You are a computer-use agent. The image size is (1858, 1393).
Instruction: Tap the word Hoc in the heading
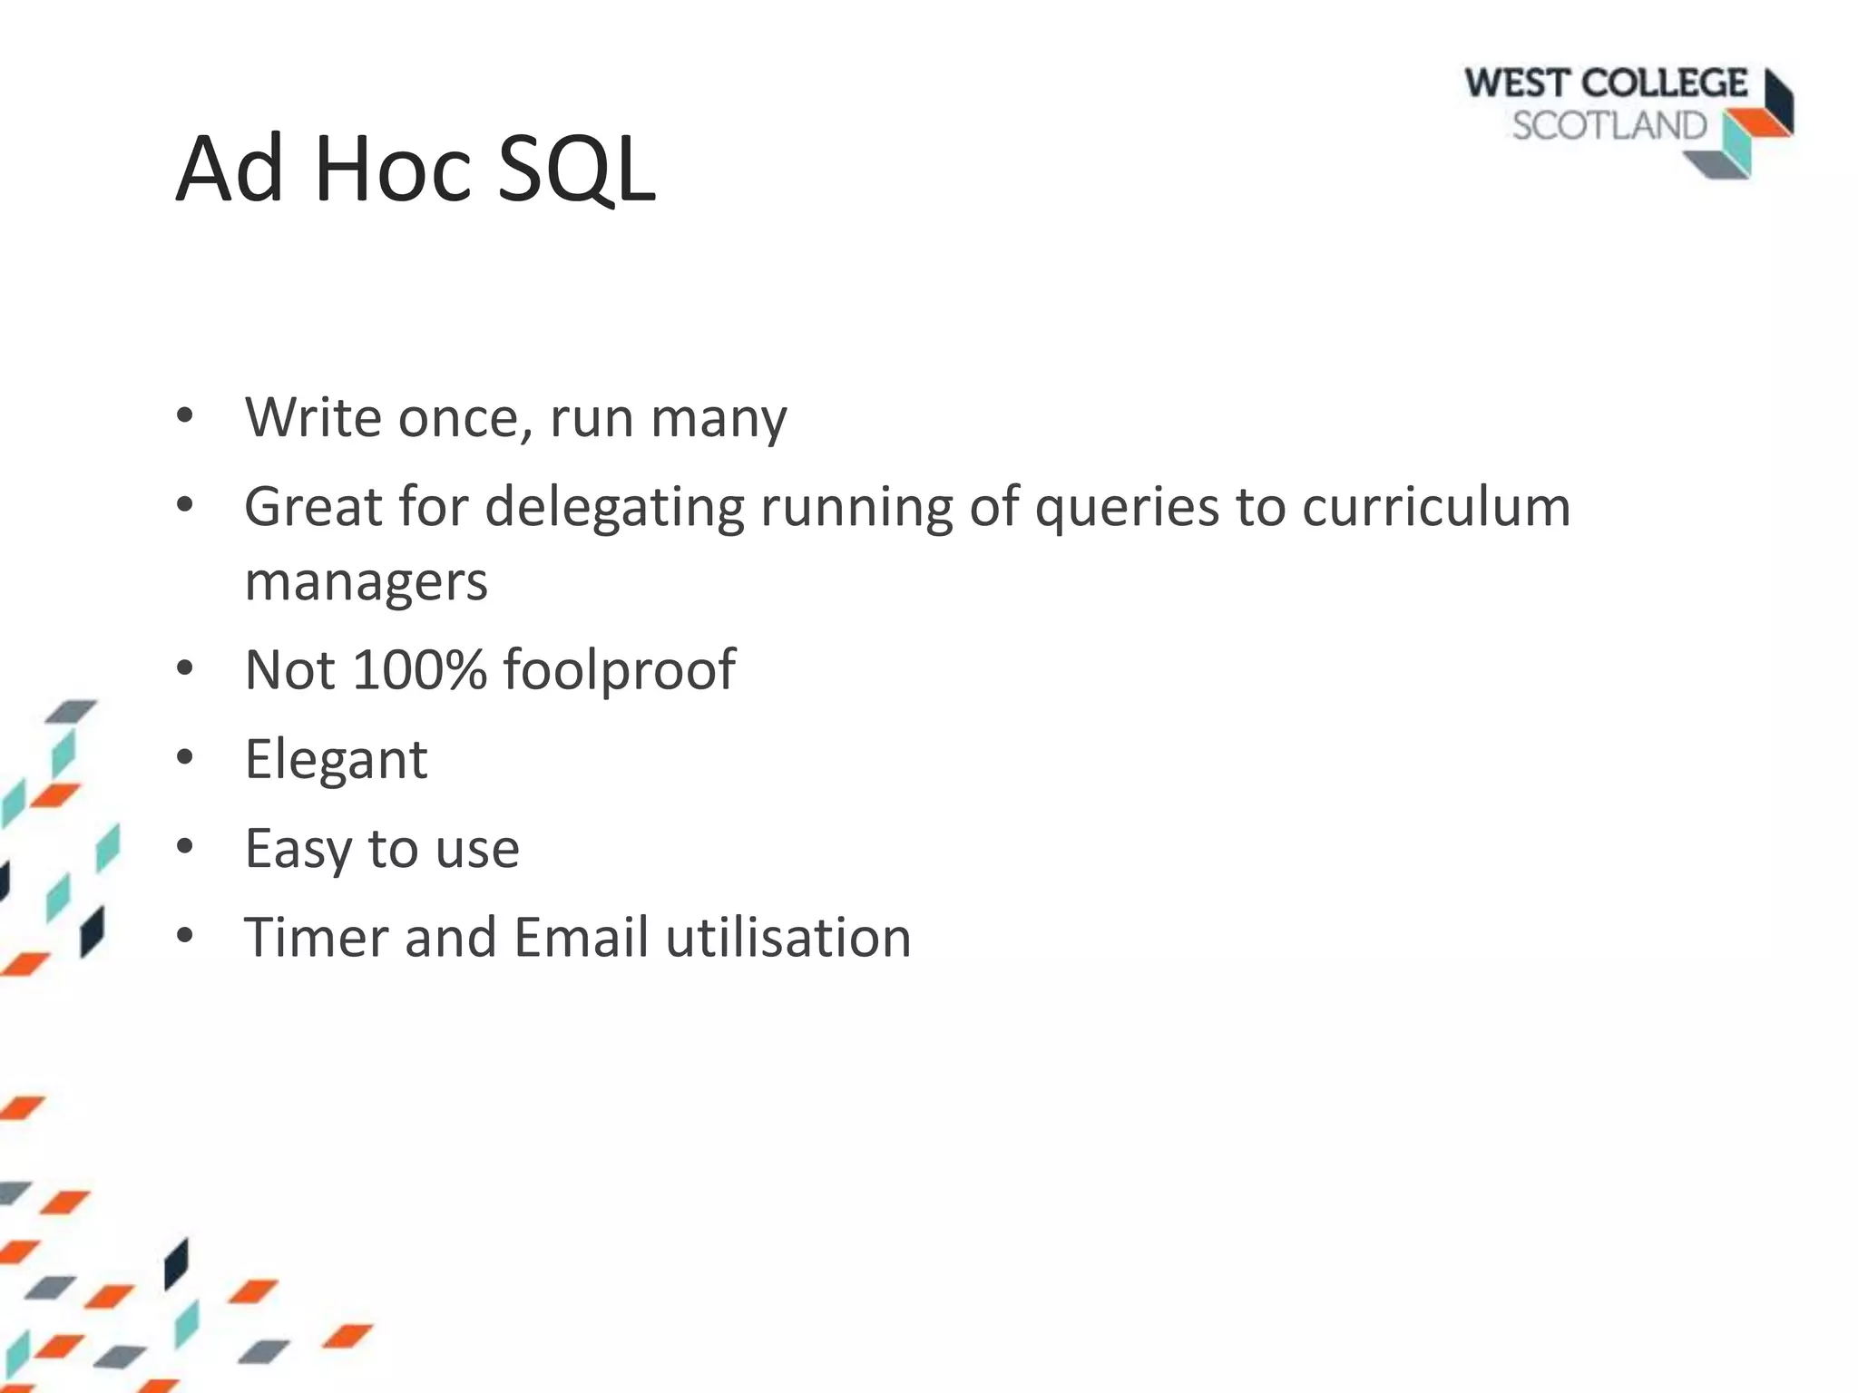pyautogui.click(x=393, y=170)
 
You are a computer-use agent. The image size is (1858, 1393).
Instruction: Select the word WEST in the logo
pyautogui.click(x=1517, y=84)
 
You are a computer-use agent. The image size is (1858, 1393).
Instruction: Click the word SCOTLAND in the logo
pyautogui.click(x=1609, y=126)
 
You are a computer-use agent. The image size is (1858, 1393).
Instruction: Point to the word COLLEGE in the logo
pyautogui.click(x=1665, y=84)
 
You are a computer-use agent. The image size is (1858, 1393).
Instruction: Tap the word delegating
pyautogui.click(x=614, y=508)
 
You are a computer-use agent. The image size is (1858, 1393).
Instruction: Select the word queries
pyautogui.click(x=1127, y=508)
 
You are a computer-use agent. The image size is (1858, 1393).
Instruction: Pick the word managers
pyautogui.click(x=366, y=581)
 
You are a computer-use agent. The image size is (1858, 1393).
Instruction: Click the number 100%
pyautogui.click(x=419, y=669)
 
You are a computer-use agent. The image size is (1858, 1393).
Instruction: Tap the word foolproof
pyautogui.click(x=619, y=671)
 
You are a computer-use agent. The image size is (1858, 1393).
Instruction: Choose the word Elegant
pyautogui.click(x=336, y=759)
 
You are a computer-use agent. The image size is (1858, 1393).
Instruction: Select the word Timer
pyautogui.click(x=316, y=937)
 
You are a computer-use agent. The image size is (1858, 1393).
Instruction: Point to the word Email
pyautogui.click(x=581, y=937)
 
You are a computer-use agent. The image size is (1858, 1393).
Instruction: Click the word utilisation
pyautogui.click(x=787, y=937)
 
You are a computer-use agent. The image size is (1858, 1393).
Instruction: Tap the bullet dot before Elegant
pyautogui.click(x=185, y=757)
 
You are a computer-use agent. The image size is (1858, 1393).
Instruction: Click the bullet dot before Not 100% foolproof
pyautogui.click(x=185, y=668)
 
